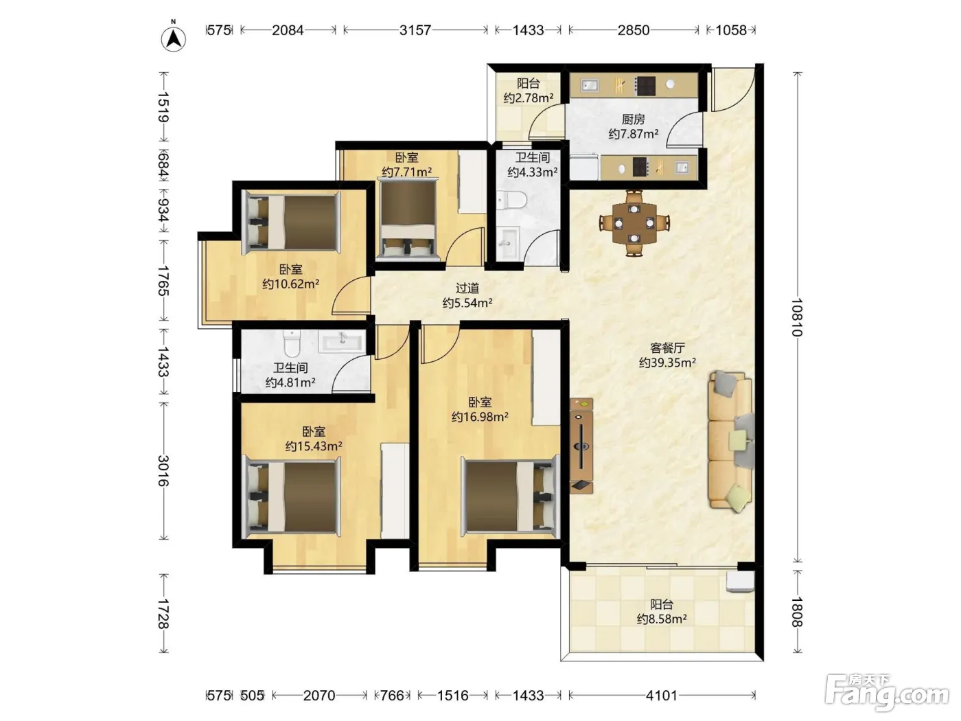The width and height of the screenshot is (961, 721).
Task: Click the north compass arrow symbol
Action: (174, 39)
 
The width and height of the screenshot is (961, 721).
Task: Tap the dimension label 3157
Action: (415, 30)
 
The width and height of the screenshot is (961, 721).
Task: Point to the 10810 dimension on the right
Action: (797, 317)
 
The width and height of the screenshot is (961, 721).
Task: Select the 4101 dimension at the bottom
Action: (661, 695)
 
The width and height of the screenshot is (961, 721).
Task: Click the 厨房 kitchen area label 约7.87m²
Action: (633, 133)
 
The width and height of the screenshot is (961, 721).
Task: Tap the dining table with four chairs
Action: (634, 223)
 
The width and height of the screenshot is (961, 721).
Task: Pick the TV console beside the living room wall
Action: (581, 446)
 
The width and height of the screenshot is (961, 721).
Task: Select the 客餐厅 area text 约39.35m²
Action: (667, 363)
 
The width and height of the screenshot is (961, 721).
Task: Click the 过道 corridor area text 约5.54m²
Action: (467, 303)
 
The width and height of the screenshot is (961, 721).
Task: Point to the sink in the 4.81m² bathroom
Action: (342, 341)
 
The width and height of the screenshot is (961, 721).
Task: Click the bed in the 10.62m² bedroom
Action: (292, 222)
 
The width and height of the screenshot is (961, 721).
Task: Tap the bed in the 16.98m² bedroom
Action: (511, 496)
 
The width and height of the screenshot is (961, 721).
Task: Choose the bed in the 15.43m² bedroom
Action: (292, 497)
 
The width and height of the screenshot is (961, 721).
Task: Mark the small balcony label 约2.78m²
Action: (528, 98)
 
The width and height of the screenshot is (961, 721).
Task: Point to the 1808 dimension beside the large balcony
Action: (797, 612)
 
